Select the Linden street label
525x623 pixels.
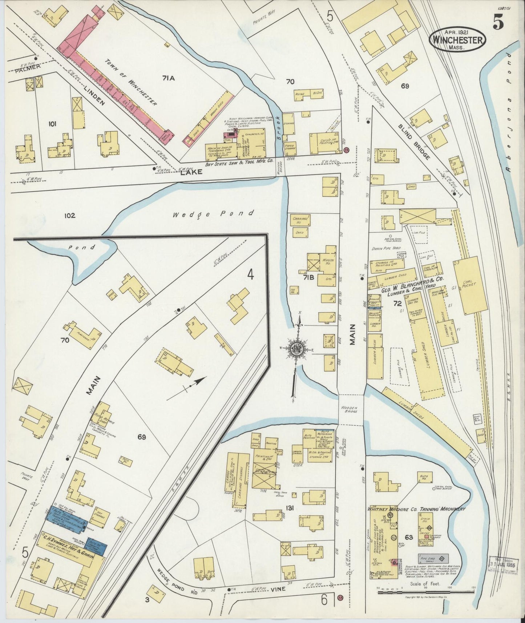[94, 95]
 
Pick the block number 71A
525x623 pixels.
[169, 78]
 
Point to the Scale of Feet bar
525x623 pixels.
[425, 592]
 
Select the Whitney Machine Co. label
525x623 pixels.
[416, 509]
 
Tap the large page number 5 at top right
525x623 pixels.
[498, 23]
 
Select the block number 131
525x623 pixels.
[289, 509]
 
